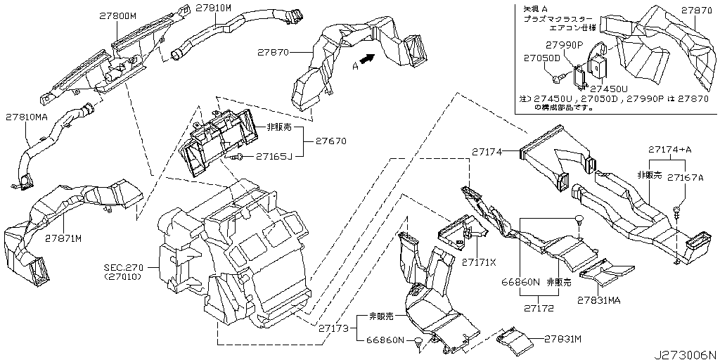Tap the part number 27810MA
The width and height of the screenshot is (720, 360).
click(27, 117)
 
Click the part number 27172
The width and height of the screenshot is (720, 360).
click(540, 307)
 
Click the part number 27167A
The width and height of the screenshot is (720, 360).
click(685, 177)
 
